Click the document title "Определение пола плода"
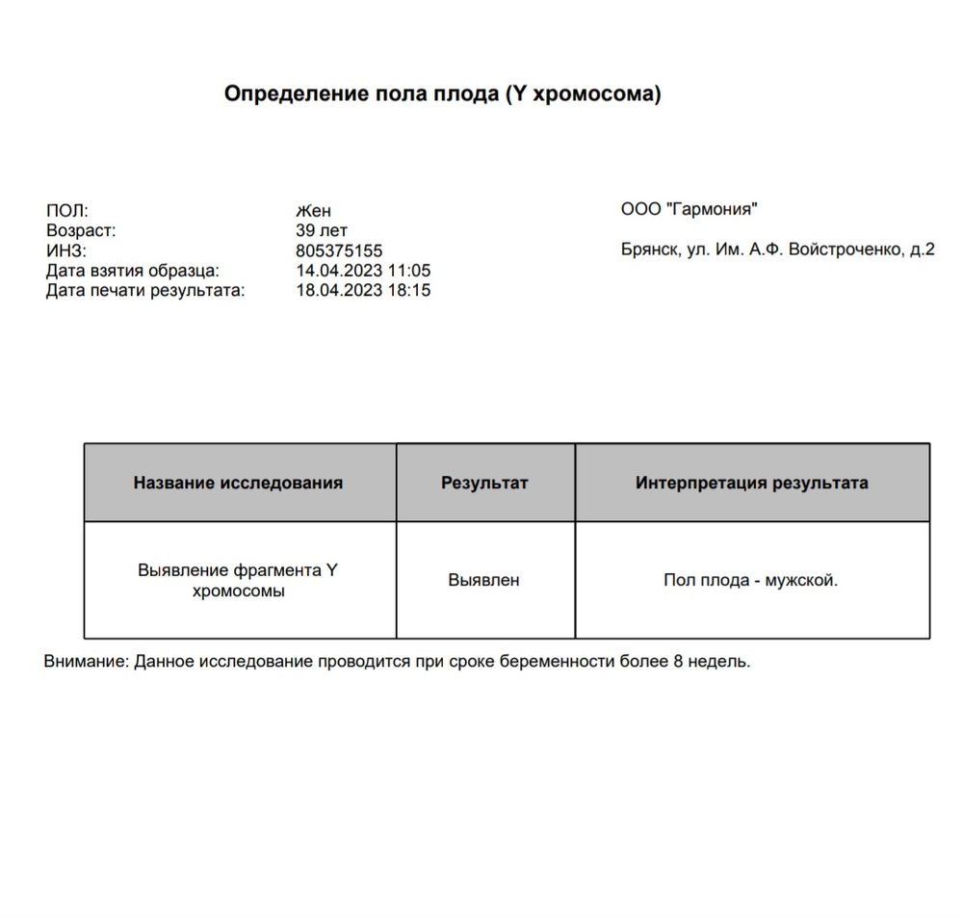[x=442, y=94]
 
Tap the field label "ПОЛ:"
[x=66, y=211]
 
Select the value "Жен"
[x=313, y=211]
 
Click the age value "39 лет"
[x=322, y=231]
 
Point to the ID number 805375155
[x=339, y=251]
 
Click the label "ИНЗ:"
[x=66, y=251]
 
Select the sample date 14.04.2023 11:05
[x=363, y=271]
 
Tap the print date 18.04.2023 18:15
[x=363, y=290]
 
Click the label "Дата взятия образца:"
[x=133, y=271]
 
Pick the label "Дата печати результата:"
[x=145, y=290]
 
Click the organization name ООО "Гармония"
[x=690, y=209]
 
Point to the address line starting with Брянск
[x=778, y=250]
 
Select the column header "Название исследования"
[x=238, y=483]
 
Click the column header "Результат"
[x=484, y=483]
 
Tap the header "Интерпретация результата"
[x=751, y=483]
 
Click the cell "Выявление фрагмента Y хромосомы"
[x=239, y=581]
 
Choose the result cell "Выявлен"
[x=483, y=580]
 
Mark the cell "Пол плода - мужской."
[x=750, y=580]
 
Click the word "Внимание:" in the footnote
[x=86, y=662]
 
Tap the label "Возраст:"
[x=81, y=231]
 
